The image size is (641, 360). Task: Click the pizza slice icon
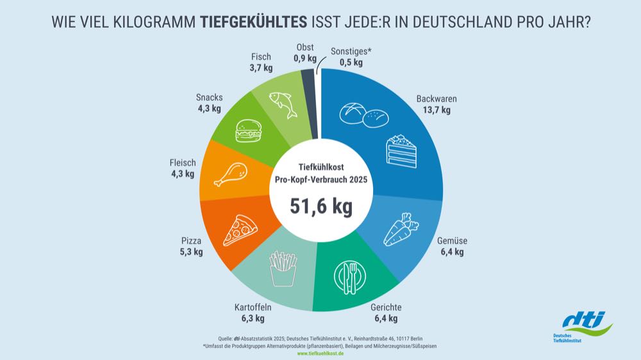(x=240, y=231)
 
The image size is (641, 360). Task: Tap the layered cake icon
(x=401, y=151)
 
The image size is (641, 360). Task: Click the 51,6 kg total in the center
(x=320, y=206)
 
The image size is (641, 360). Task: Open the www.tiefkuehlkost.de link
(x=320, y=353)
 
